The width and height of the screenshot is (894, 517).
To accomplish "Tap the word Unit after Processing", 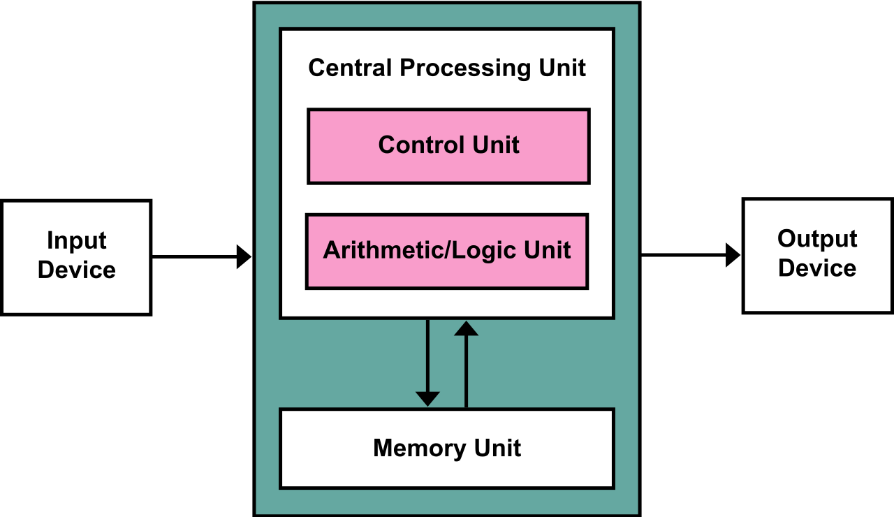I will pyautogui.click(x=562, y=68).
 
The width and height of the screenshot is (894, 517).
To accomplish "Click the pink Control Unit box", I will pyautogui.click(x=448, y=168).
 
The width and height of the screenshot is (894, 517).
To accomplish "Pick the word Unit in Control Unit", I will pyautogui.click(x=497, y=145).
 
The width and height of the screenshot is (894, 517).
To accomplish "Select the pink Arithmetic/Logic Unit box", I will pyautogui.click(x=447, y=272).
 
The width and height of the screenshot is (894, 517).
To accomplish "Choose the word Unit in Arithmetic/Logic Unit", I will pyautogui.click(x=549, y=250).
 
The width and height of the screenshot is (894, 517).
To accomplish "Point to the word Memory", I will pyautogui.click(x=420, y=448).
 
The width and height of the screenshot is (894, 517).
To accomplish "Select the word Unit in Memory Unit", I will pyautogui.click(x=498, y=448).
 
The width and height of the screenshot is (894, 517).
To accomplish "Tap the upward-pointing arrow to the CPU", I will pyautogui.click(x=466, y=370).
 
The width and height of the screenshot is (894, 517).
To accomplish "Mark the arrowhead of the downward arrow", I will pyautogui.click(x=427, y=399).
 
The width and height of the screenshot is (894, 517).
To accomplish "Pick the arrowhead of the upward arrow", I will pyautogui.click(x=466, y=328).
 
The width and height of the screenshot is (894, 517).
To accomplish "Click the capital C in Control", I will pyautogui.click(x=386, y=145).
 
